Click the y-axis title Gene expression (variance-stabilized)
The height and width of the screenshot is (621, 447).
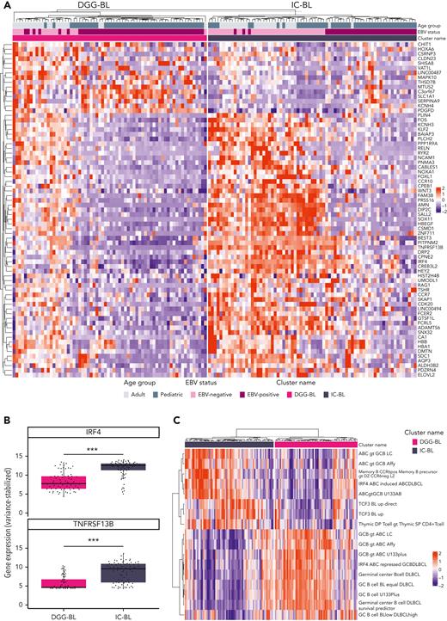8,516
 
